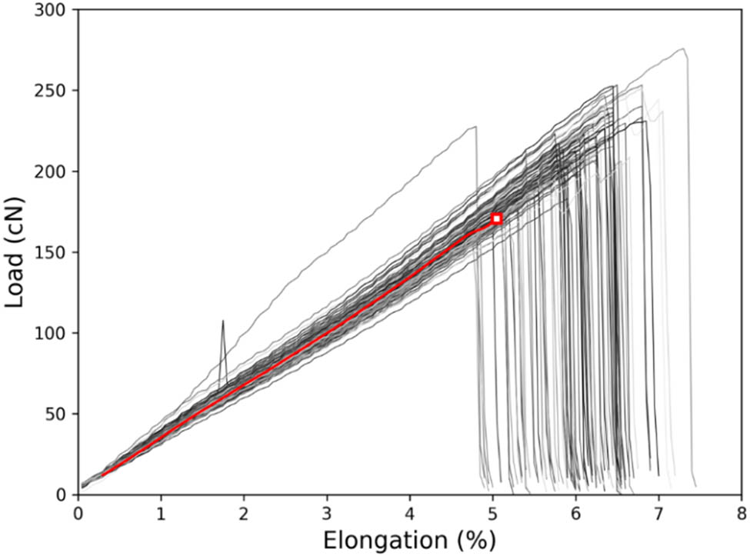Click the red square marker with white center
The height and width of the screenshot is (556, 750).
click(x=497, y=219)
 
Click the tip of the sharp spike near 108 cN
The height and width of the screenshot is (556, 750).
click(x=223, y=321)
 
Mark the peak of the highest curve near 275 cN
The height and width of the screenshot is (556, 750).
click(x=683, y=49)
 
